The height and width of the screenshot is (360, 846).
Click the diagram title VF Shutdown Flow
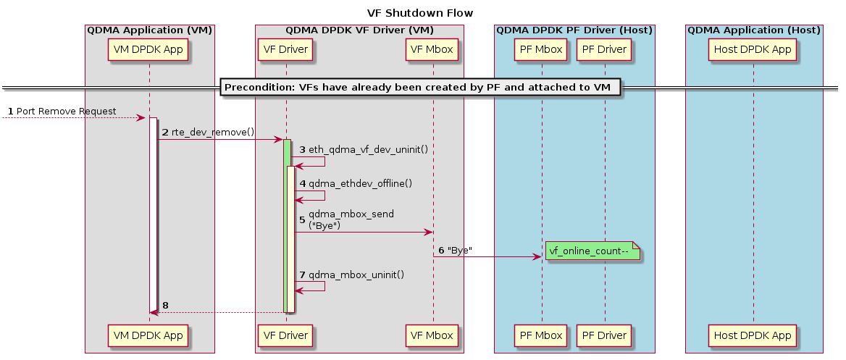tap(419, 13)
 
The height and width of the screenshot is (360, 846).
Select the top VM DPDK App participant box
tap(148, 50)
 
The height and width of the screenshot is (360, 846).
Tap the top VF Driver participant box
tap(285, 50)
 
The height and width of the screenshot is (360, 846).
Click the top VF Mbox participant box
tap(433, 50)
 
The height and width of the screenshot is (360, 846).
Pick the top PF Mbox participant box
tap(541, 50)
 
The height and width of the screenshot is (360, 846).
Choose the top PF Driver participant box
tap(604, 50)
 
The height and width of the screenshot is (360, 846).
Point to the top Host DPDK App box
tap(753, 50)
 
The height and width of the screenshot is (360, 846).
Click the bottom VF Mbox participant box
tap(433, 335)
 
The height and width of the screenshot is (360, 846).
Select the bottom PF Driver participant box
tap(604, 335)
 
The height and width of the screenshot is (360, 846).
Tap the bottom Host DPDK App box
tap(753, 335)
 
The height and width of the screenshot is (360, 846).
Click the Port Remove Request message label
tap(66, 111)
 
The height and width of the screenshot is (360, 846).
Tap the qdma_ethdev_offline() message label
tap(360, 184)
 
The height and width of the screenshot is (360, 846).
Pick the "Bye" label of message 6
tap(460, 251)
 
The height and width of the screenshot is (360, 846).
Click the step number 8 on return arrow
tap(165, 306)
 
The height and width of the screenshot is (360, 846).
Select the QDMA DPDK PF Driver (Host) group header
tap(574, 30)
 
